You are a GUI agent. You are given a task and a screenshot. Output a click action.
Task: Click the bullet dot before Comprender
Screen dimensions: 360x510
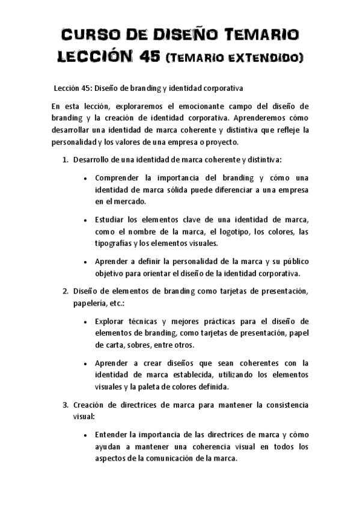(88, 179)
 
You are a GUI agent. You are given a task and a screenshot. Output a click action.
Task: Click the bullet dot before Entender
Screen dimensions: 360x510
(88, 435)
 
